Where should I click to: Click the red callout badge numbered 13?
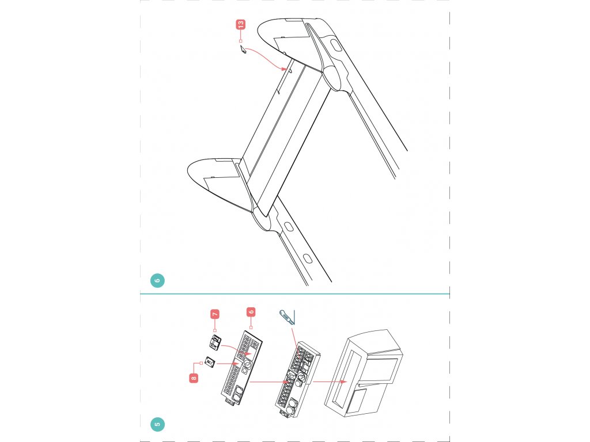(240, 24)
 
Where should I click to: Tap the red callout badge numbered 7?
(215, 314)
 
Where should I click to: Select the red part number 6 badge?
(251, 312)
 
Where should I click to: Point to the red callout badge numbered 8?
(194, 378)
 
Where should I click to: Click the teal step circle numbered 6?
(157, 280)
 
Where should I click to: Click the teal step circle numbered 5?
(157, 424)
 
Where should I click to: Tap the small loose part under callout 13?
(243, 49)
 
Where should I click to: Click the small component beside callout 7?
(215, 342)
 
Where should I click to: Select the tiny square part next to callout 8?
(210, 363)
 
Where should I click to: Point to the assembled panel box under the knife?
(297, 380)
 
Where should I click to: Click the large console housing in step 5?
(364, 373)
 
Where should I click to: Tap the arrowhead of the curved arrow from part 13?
(285, 69)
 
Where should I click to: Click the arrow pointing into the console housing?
(330, 382)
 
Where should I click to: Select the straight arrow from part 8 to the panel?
(228, 364)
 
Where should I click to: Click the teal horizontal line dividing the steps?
(295, 294)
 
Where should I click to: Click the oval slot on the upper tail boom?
(336, 45)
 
